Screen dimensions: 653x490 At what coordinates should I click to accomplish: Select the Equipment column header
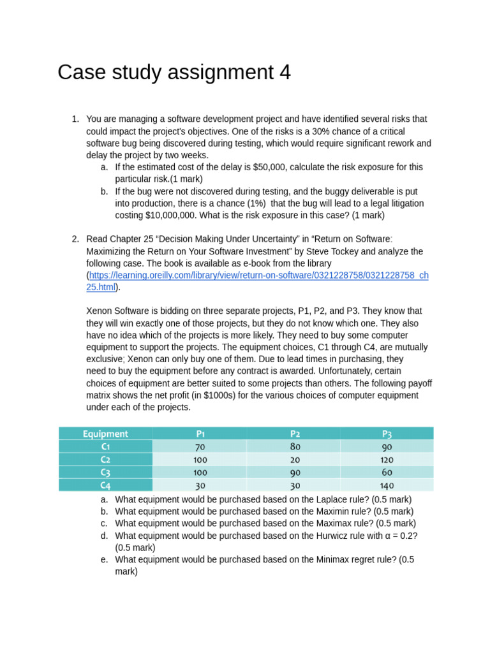click(x=105, y=434)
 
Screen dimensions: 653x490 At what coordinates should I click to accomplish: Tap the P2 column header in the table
click(x=294, y=434)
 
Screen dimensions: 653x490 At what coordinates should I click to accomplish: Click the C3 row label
click(x=105, y=473)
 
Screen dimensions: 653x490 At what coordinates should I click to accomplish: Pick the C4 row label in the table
click(x=105, y=485)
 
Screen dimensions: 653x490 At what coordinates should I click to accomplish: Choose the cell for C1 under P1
click(x=200, y=447)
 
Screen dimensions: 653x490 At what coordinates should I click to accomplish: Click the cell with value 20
click(x=294, y=460)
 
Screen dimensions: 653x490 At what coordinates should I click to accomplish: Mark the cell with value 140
click(x=387, y=485)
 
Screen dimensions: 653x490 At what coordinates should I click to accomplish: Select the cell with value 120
click(x=387, y=460)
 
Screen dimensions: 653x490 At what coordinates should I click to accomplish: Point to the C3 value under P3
click(x=387, y=473)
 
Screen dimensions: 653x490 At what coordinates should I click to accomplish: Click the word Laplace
click(x=331, y=499)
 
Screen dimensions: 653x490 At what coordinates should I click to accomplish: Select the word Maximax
click(x=335, y=524)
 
